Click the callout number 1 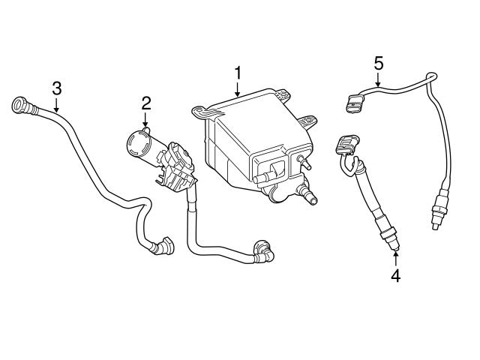pos(238,73)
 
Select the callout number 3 pos(56,88)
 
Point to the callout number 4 pos(395,275)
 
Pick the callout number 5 pos(379,61)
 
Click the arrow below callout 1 pos(238,90)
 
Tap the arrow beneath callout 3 pos(56,106)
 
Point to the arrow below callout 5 pos(379,79)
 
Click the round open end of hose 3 pos(17,105)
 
